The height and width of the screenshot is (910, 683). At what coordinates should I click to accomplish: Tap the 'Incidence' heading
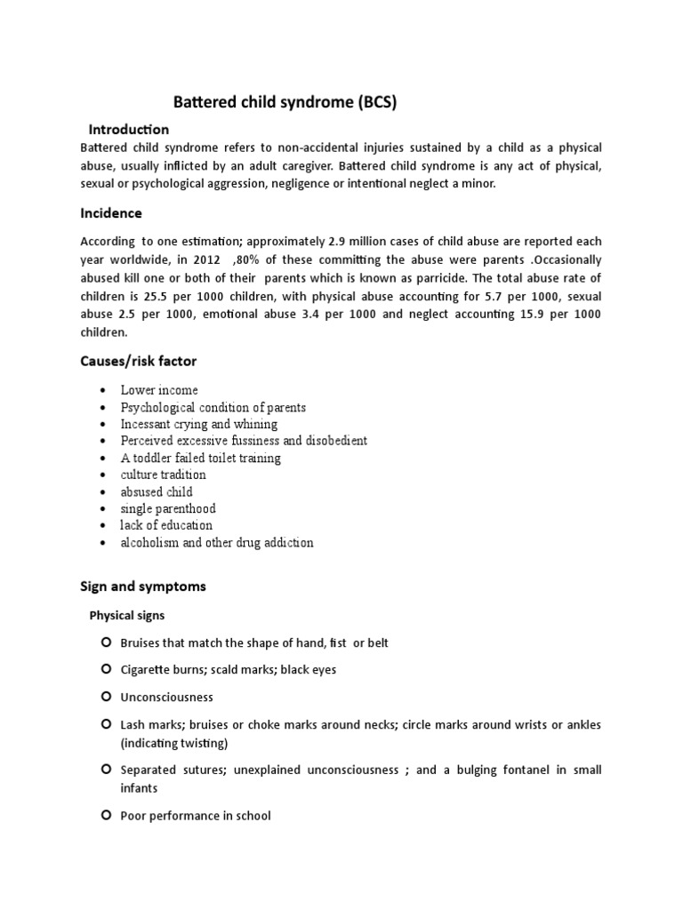[111, 213]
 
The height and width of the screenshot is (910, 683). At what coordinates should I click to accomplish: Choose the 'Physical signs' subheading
[126, 615]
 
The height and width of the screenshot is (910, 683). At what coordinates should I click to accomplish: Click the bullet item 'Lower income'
[159, 390]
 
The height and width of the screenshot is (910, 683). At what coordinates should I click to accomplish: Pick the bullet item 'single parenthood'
[168, 508]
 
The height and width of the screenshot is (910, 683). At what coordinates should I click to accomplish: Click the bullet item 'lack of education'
[166, 525]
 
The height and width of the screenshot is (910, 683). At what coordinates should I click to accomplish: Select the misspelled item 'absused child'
[157, 491]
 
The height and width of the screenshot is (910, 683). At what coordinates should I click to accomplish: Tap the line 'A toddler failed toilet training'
[200, 458]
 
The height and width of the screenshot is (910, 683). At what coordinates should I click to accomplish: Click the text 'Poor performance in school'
[196, 815]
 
